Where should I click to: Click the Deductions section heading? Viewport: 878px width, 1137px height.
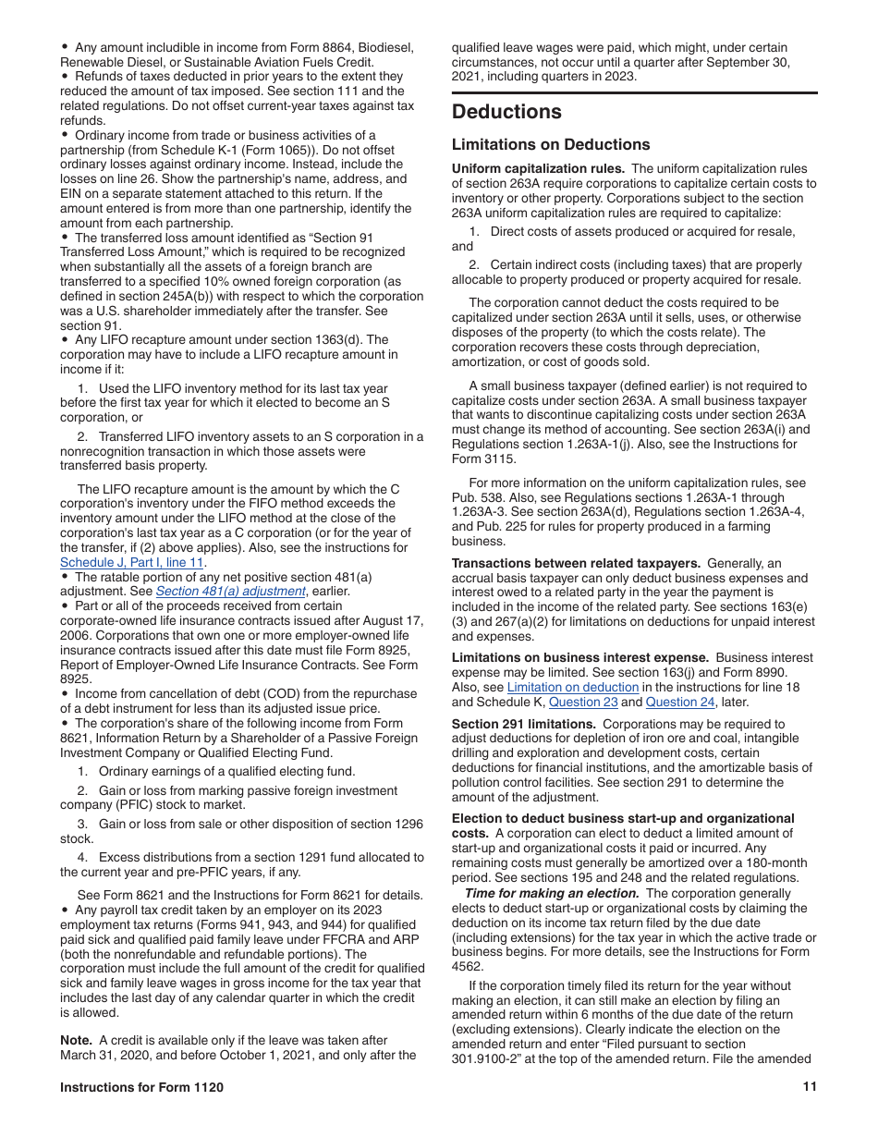pyautogui.click(x=506, y=113)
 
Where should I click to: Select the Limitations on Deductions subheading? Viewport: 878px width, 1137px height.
pyautogui.click(x=551, y=144)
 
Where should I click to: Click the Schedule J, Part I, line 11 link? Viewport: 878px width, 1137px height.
pyautogui.click(x=132, y=562)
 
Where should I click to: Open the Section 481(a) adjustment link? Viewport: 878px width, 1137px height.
pyautogui.click(x=230, y=592)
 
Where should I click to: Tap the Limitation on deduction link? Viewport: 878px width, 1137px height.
pyautogui.click(x=573, y=687)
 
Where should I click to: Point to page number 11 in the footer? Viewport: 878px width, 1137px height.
pyautogui.click(x=810, y=1087)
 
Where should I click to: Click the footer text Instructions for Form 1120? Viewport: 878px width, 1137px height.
pyautogui.click(x=141, y=1087)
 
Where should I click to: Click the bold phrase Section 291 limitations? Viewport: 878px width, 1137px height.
pyautogui.click(x=523, y=725)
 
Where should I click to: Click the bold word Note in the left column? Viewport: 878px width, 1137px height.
pyautogui.click(x=76, y=1040)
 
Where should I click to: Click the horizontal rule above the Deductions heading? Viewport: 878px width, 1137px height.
pyautogui.click(x=634, y=92)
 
